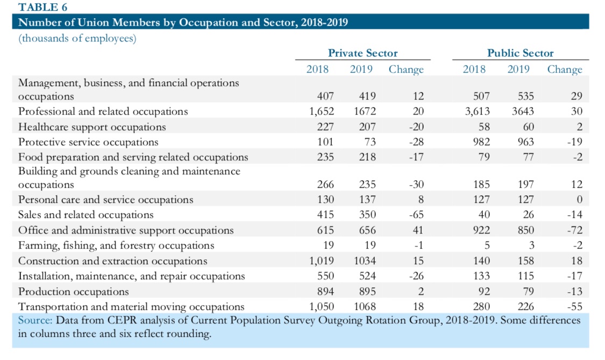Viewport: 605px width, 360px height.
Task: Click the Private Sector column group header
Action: click(x=363, y=53)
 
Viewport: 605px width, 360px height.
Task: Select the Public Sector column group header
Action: click(x=520, y=53)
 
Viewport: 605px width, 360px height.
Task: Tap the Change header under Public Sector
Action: click(x=565, y=69)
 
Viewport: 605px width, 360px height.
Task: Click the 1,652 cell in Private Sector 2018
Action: click(x=321, y=111)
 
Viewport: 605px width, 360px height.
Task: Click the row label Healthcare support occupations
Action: click(x=92, y=127)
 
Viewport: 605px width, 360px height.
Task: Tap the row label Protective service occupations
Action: click(x=88, y=142)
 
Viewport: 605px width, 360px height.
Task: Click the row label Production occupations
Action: click(x=74, y=292)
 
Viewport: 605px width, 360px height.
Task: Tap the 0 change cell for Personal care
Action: click(x=579, y=200)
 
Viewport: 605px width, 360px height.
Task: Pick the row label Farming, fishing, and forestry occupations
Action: click(x=116, y=245)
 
